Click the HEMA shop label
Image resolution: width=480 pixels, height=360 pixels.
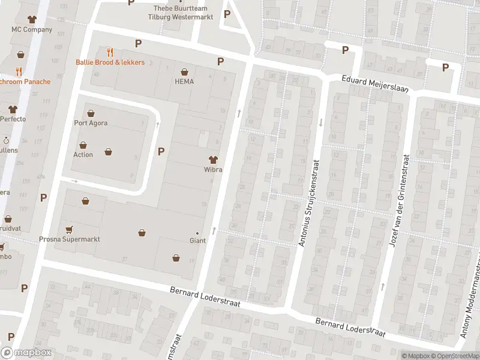point(184,82)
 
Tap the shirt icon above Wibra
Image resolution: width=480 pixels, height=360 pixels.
point(212,160)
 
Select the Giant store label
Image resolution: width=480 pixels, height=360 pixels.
point(197,241)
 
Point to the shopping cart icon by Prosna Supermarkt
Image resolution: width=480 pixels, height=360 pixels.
point(69,229)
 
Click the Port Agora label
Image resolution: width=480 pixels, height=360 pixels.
point(91,123)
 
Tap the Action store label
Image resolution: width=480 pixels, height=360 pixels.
point(83,154)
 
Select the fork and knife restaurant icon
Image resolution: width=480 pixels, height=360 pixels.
point(109,52)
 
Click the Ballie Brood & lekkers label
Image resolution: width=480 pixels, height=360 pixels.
point(110,62)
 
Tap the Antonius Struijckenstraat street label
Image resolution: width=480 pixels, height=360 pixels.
point(310,203)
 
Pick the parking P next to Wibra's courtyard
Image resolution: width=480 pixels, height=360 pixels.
point(161,151)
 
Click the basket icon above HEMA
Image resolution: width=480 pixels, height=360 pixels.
point(184,71)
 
